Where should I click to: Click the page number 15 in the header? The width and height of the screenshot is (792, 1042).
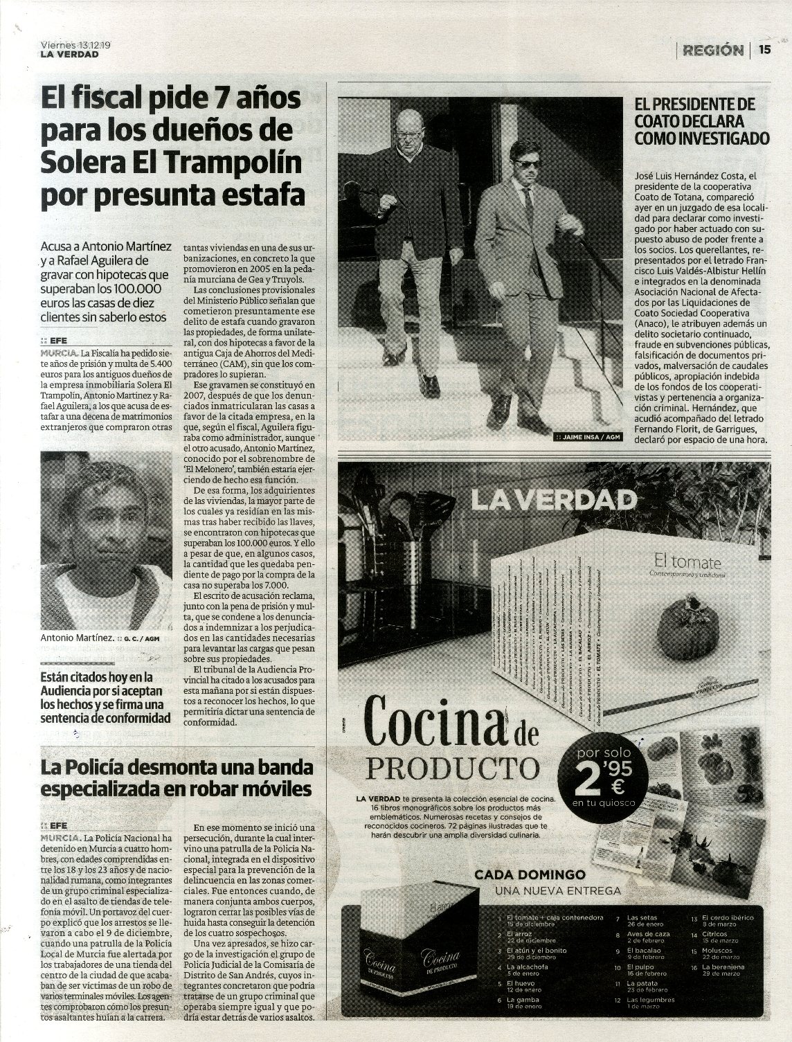(764, 49)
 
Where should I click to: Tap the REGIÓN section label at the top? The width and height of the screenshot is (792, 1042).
(712, 50)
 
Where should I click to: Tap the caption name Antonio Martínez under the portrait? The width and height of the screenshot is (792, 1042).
(77, 638)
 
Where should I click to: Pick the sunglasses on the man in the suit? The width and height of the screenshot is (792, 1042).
(528, 163)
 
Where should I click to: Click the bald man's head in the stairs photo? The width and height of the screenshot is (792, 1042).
(410, 125)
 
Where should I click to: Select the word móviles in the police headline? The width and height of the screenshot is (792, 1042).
(276, 789)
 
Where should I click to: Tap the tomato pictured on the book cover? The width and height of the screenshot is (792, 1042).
(685, 629)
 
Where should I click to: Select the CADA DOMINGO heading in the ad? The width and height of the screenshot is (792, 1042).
(530, 875)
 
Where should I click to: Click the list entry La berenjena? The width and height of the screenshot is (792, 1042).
(723, 967)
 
